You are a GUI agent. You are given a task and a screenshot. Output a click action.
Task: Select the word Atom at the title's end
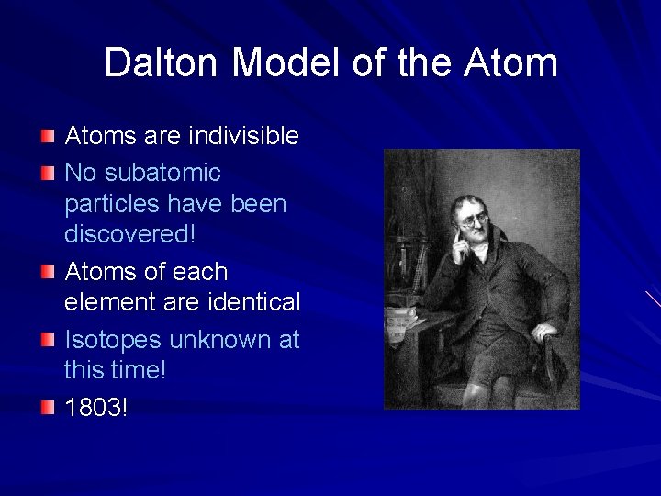click(x=510, y=63)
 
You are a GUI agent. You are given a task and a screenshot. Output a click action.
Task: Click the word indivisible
click(x=243, y=136)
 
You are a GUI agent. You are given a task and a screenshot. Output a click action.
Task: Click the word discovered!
click(x=129, y=234)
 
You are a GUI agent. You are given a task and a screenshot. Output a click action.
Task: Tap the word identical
click(x=253, y=301)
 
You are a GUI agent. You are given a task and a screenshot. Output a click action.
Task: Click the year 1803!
click(x=96, y=407)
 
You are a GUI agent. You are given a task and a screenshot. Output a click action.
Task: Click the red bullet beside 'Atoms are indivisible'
click(x=48, y=137)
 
